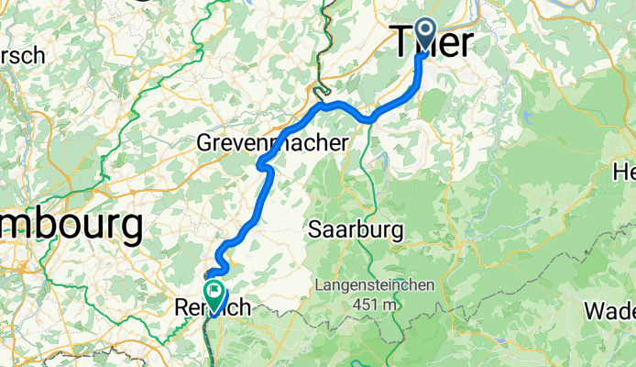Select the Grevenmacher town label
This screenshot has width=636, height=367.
click(x=272, y=143)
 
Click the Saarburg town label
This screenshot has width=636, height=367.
click(x=356, y=229)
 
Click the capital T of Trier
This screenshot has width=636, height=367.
click(x=401, y=42)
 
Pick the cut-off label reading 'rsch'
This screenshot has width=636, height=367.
click(x=22, y=56)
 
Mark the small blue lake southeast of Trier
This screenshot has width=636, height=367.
click(x=531, y=118)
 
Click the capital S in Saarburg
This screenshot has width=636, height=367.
click(x=317, y=229)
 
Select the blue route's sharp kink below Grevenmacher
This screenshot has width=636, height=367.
click(x=262, y=166)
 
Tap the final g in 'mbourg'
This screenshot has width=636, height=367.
click(x=131, y=228)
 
